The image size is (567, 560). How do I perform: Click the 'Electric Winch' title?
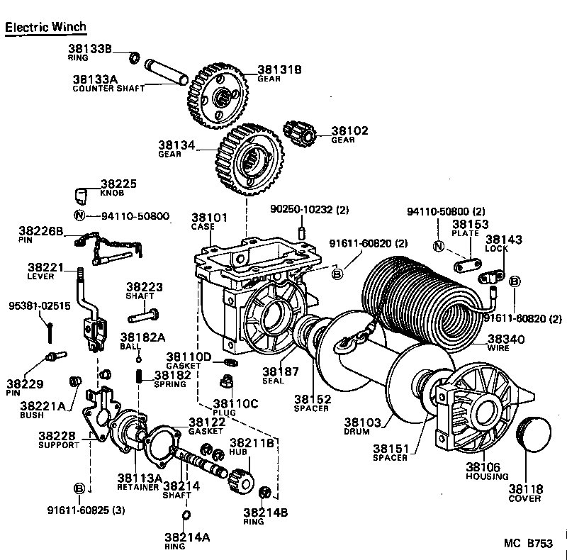click(45, 27)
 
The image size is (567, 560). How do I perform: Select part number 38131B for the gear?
click(279, 69)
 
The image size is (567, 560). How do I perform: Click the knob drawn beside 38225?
click(82, 195)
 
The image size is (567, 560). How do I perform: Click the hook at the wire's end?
click(345, 344)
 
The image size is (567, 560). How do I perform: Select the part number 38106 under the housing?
click(483, 467)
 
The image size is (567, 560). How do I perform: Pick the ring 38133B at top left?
click(135, 56)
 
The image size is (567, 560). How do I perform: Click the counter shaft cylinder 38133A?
click(164, 72)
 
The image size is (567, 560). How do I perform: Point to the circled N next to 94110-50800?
click(80, 215)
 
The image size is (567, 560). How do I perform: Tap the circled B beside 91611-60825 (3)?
click(80, 488)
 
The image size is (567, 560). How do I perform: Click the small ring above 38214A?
click(185, 514)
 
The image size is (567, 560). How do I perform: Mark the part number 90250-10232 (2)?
click(310, 210)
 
